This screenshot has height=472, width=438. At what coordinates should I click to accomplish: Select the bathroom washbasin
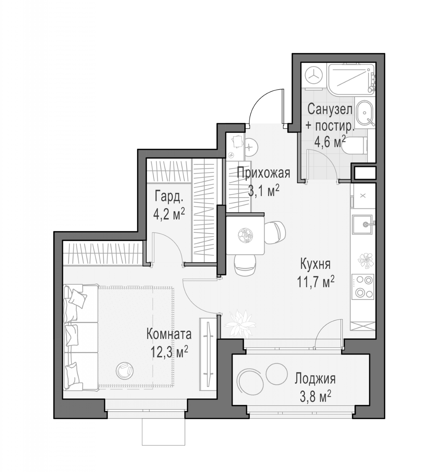(365, 113)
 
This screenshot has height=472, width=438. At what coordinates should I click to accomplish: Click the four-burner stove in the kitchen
(363, 287)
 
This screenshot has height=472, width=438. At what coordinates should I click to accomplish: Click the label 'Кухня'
(315, 264)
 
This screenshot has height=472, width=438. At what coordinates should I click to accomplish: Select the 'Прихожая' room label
(263, 173)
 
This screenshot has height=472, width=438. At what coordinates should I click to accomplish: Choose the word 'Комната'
(169, 334)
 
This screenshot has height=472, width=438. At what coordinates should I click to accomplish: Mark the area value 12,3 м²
(169, 352)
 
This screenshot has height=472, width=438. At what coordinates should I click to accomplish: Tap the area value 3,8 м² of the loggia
(315, 397)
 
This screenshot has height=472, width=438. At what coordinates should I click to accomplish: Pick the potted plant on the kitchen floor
(239, 323)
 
